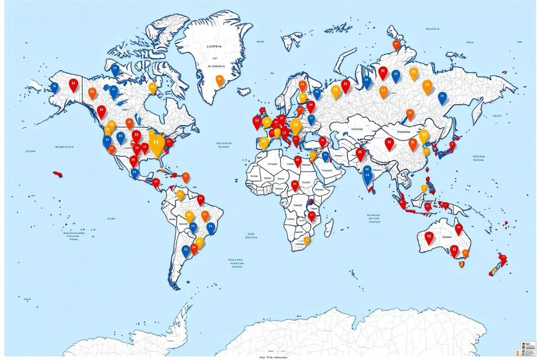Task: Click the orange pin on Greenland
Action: tap(220, 80)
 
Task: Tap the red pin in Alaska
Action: tap(73, 84)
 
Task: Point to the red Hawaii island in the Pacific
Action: tap(57, 174)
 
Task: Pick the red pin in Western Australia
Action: tap(429, 237)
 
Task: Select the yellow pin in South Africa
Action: tap(307, 241)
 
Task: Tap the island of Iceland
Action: tap(243, 91)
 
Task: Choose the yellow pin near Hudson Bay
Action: tap(153, 87)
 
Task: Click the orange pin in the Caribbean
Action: tap(185, 176)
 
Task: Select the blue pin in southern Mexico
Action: tap(134, 172)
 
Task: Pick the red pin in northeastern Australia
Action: tap(459, 229)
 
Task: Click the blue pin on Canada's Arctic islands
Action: tap(115, 70)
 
